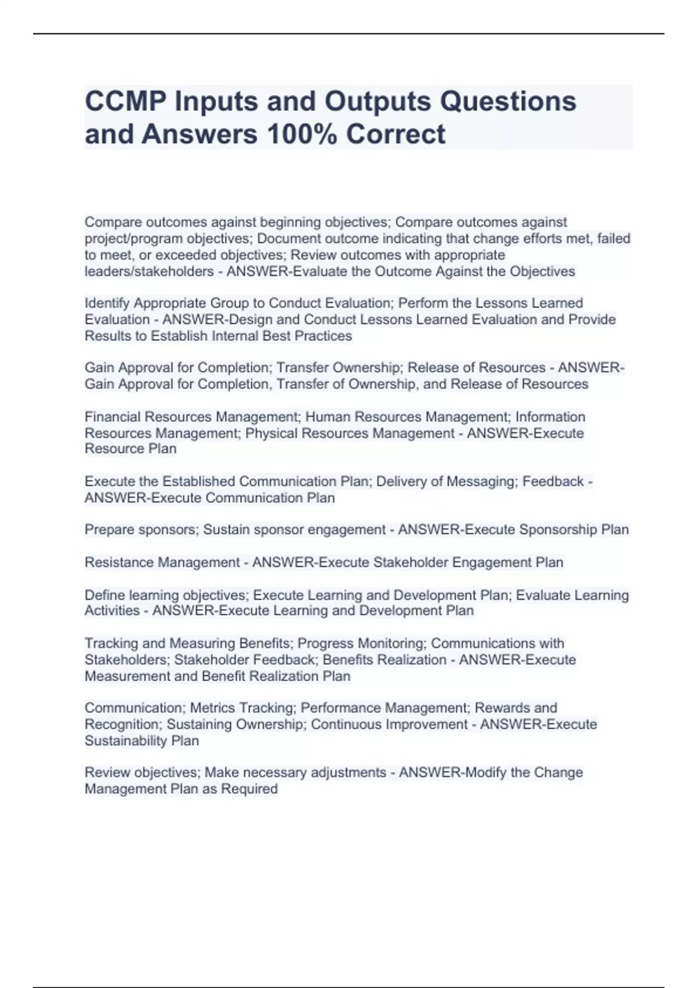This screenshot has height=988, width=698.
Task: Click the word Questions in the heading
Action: [x=508, y=102]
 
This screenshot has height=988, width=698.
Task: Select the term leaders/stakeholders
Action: [x=149, y=271]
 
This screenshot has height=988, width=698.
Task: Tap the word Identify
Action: [x=107, y=303]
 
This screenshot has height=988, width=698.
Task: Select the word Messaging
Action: [x=483, y=482]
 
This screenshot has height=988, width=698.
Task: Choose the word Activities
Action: [x=112, y=611]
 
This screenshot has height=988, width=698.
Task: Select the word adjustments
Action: [x=348, y=772]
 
